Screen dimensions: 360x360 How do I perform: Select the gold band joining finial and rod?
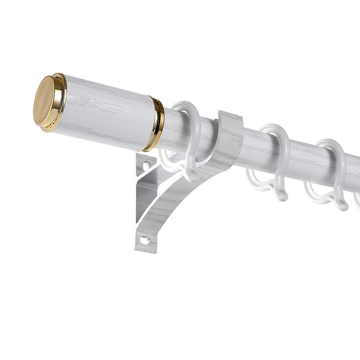click(x=157, y=124)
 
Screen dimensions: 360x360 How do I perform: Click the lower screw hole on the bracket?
click(x=144, y=240)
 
